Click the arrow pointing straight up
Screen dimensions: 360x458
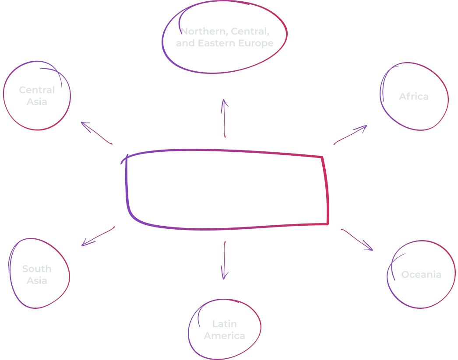coord(225,119)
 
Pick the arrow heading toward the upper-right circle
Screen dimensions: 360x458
coord(350,135)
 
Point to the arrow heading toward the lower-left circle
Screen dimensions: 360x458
coord(98,237)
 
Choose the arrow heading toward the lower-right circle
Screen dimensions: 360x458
coord(357,239)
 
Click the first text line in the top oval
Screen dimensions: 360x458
coord(223,31)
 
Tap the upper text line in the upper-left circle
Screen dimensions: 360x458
coord(37,91)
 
